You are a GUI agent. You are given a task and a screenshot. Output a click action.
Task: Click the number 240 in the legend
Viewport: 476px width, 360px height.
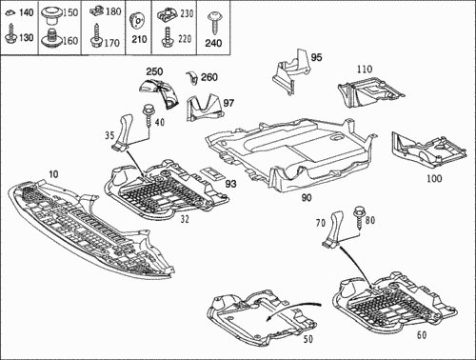[213, 43]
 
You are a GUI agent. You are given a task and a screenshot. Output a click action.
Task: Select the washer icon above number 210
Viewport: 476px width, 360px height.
[137, 22]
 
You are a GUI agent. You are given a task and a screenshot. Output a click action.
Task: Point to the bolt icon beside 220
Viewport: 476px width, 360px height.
[167, 37]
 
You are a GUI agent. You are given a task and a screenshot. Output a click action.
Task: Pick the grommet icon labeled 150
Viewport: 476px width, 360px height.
[50, 14]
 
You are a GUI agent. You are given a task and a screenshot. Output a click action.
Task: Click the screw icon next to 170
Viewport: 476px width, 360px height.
[96, 37]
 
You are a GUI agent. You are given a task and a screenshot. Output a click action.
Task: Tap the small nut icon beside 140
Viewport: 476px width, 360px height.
[10, 13]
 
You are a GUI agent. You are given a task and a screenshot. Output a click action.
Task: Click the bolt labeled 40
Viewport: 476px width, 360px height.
[148, 116]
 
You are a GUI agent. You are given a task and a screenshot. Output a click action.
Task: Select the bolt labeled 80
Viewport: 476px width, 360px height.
[359, 217]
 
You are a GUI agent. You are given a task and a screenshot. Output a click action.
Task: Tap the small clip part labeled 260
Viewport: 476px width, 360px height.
[191, 78]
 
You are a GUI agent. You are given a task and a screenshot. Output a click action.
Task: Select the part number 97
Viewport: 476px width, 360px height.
[228, 103]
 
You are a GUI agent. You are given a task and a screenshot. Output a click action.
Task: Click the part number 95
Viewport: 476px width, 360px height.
[316, 58]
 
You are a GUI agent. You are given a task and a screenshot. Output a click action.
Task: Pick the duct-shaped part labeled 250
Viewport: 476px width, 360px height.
[160, 92]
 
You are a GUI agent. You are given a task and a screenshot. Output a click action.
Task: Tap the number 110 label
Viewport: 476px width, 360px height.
[365, 69]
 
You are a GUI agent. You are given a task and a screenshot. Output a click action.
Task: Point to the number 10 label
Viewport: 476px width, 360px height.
[53, 174]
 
